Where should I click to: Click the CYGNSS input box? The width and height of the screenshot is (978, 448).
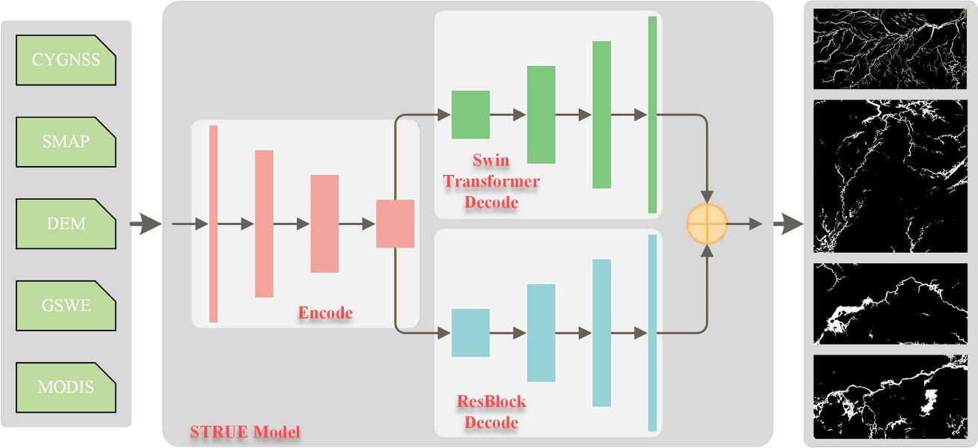(66, 59)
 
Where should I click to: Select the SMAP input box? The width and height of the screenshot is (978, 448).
(66, 141)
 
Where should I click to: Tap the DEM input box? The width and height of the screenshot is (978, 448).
(66, 224)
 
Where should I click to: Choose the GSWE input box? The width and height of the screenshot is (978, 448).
(66, 305)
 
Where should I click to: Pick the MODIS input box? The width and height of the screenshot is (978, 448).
(66, 387)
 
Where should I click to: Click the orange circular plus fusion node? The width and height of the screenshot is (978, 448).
(707, 224)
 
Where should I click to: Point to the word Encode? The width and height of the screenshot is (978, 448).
(325, 313)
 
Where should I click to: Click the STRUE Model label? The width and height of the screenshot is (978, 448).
(245, 432)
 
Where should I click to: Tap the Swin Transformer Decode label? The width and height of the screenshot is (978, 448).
(491, 181)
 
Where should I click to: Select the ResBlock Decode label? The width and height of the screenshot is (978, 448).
(491, 412)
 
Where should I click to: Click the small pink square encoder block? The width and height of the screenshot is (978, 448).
(395, 224)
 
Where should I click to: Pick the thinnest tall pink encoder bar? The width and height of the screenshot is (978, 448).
(213, 224)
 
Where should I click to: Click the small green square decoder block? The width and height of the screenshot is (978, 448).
(470, 114)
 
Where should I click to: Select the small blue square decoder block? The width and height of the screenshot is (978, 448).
(470, 333)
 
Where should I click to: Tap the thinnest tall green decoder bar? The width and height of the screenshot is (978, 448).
(652, 114)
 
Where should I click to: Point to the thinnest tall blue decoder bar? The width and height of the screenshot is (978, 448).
(652, 333)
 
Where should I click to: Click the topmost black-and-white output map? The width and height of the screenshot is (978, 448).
(890, 49)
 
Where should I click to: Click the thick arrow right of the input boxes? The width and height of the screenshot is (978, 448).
(146, 224)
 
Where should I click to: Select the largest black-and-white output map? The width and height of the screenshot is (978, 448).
(890, 176)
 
